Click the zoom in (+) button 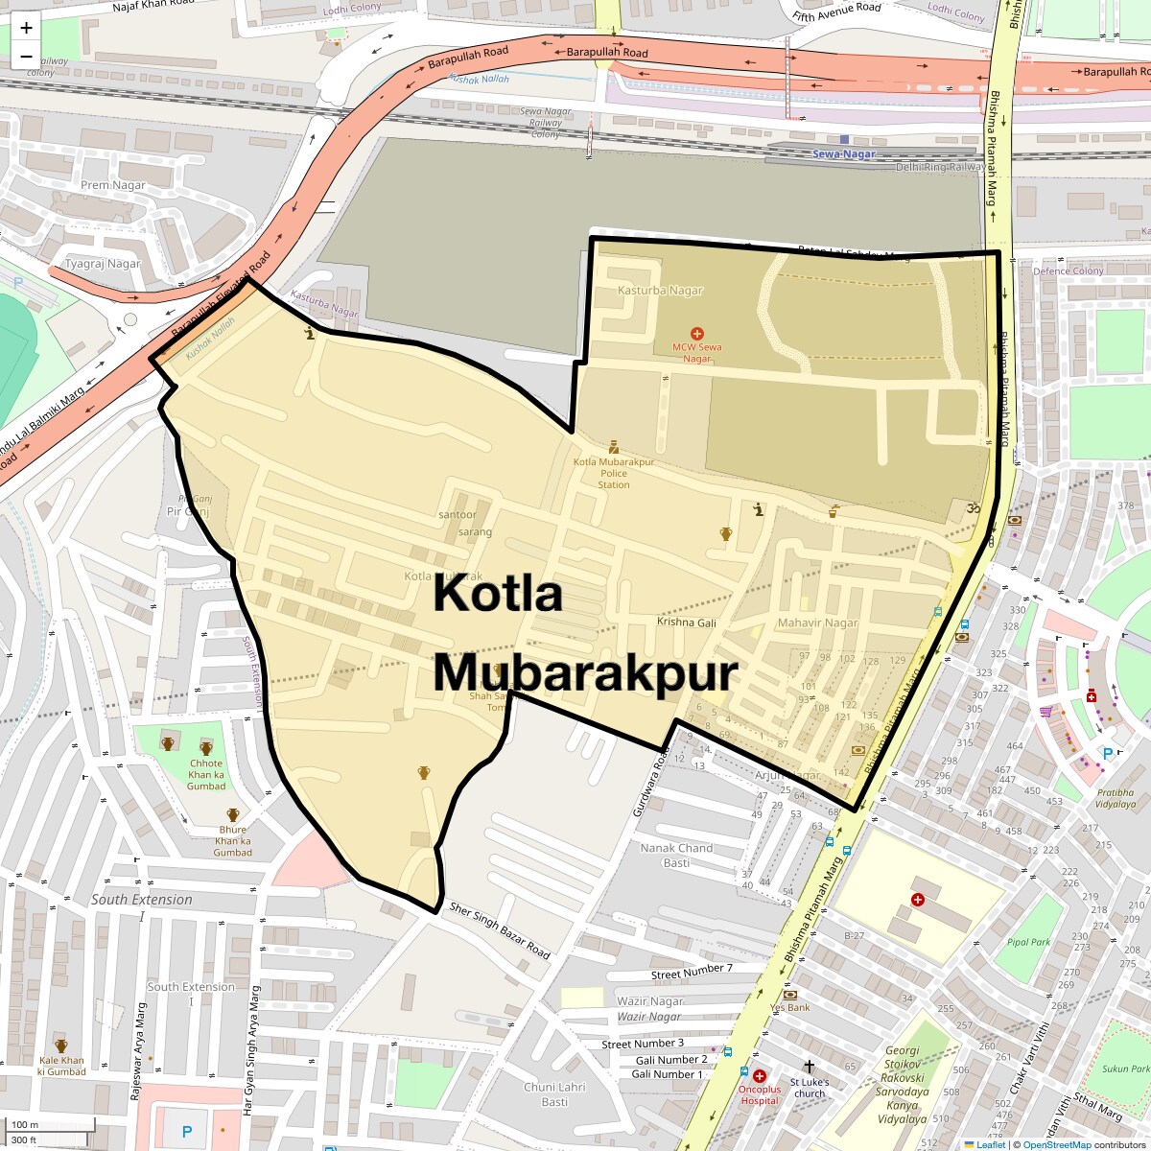pos(26,28)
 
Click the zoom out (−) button pos(26,57)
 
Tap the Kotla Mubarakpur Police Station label pos(614,473)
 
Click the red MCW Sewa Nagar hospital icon pos(697,333)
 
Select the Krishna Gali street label pos(687,622)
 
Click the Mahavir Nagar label pos(817,622)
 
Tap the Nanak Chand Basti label pos(676,855)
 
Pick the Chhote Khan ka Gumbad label pos(206,775)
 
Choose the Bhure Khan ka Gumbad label pos(233,840)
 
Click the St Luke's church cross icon pos(809,1067)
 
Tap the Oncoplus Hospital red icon pos(760,1076)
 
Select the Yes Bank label pos(790,1007)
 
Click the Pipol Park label pos(1028,942)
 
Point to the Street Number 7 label pos(692,972)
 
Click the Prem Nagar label pos(113,185)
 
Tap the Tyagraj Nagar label pos(103,264)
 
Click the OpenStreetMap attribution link pos(1056,1144)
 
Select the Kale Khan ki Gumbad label pos(61,1066)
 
